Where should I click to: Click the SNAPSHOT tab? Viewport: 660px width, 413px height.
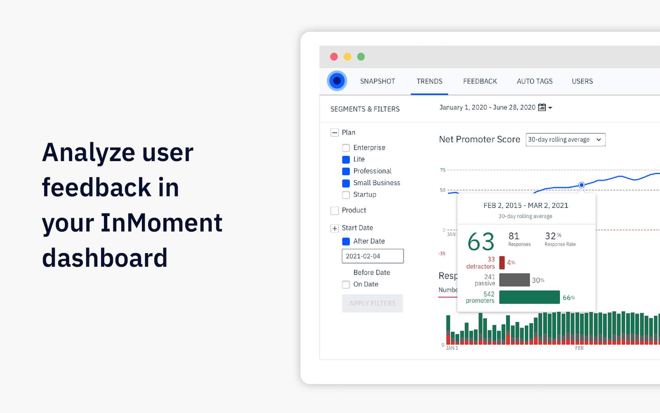377,81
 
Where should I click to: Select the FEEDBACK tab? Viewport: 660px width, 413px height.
480,81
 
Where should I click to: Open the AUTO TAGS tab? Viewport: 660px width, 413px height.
535,81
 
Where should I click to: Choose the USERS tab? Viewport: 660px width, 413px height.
582,81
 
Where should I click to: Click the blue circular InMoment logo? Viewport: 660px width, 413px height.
337,81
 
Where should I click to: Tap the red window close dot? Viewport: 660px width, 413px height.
334,57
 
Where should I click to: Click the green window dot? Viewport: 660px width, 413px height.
361,57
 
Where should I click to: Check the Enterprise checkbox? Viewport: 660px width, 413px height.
346,148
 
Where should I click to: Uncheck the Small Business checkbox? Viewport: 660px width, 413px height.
346,183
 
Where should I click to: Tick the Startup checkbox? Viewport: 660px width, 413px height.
346,195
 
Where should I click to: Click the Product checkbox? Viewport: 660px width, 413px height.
335,211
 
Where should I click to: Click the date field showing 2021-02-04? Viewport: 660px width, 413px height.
372,256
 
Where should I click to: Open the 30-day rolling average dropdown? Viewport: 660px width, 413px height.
565,140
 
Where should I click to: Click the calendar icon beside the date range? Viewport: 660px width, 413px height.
542,107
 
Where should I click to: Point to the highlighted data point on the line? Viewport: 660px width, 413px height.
581,185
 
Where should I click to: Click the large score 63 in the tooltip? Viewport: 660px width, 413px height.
481,242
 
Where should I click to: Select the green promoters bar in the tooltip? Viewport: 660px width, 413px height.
529,297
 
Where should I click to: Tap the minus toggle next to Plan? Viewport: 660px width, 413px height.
335,133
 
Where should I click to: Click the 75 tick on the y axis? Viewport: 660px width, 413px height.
443,170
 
